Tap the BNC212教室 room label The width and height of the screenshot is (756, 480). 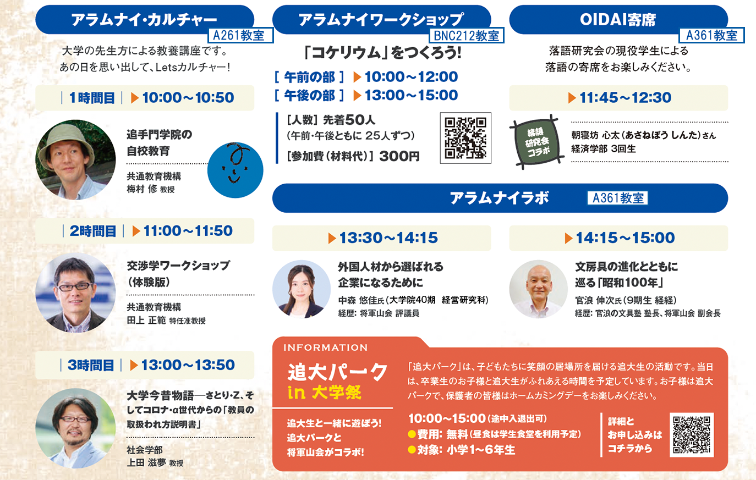pos(467,35)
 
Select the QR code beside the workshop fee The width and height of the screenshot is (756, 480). pos(465,138)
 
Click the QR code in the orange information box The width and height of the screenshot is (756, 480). pos(692,435)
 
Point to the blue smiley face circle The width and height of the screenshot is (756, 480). pos(235,170)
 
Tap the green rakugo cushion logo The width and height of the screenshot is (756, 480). pos(536,142)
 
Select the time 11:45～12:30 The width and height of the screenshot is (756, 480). pos(625,98)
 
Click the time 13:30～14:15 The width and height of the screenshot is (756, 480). pos(388,238)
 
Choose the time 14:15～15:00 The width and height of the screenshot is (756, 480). pos(625,238)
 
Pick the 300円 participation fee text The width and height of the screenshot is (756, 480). pos(399,156)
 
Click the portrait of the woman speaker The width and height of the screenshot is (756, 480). pos(302,289)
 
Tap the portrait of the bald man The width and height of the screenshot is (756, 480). pos(538,289)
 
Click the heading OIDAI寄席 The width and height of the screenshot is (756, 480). pos(618,20)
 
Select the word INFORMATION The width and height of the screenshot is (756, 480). pos(325,347)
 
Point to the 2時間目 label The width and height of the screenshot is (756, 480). pos(93,231)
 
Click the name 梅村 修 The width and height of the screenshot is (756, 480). pos(142,189)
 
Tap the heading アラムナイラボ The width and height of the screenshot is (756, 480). pos(500,198)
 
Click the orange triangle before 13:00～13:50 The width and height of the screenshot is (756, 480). pos(134,365)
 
